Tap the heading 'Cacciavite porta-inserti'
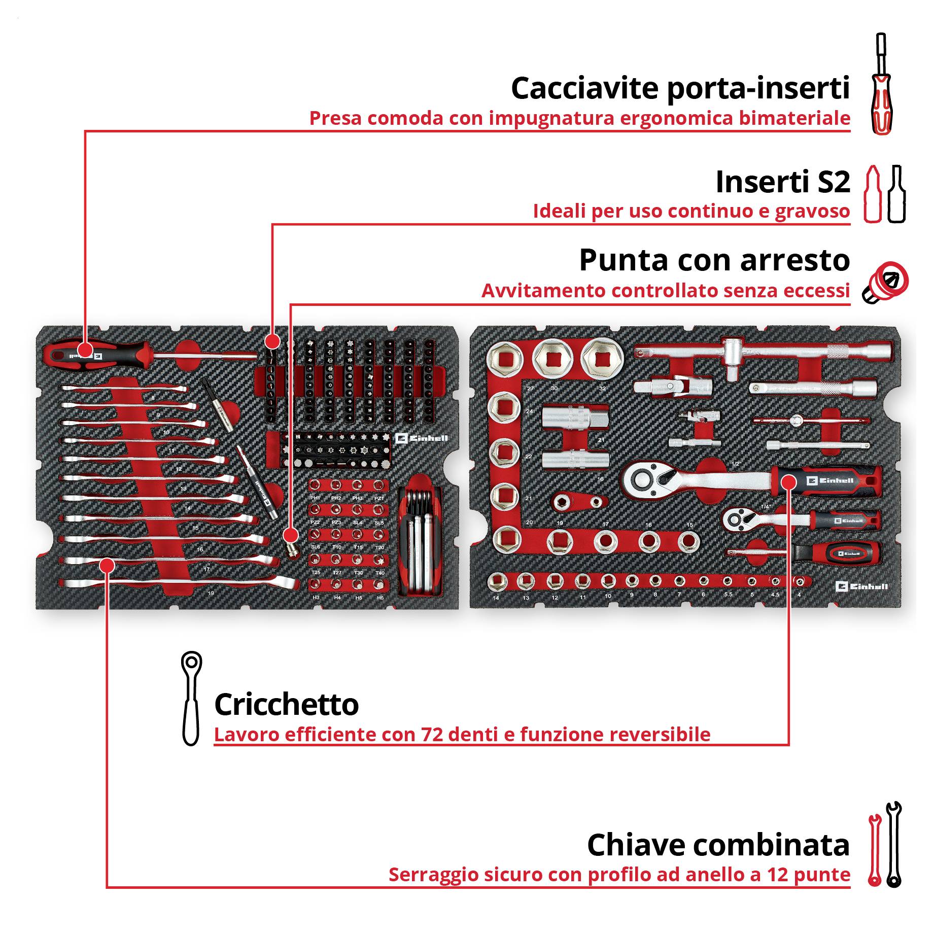pyautogui.click(x=680, y=88)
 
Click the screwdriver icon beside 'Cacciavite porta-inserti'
pyautogui.click(x=881, y=84)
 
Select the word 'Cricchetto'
pyautogui.click(x=286, y=705)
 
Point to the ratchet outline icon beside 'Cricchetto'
pyautogui.click(x=191, y=699)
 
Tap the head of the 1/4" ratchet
pyautogui.click(x=735, y=518)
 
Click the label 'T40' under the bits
pyautogui.click(x=379, y=573)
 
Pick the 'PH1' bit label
pyautogui.click(x=315, y=498)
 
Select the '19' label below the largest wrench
pyautogui.click(x=211, y=593)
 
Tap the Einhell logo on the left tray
pyautogui.click(x=421, y=438)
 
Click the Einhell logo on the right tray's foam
pyautogui.click(x=861, y=586)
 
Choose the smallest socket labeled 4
pyautogui.click(x=800, y=582)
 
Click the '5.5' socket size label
pyautogui.click(x=728, y=595)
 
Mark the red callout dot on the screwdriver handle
pyautogui.click(x=85, y=350)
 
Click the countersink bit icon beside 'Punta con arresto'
pyautogui.click(x=886, y=283)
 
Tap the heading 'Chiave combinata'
pyautogui.click(x=718, y=845)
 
